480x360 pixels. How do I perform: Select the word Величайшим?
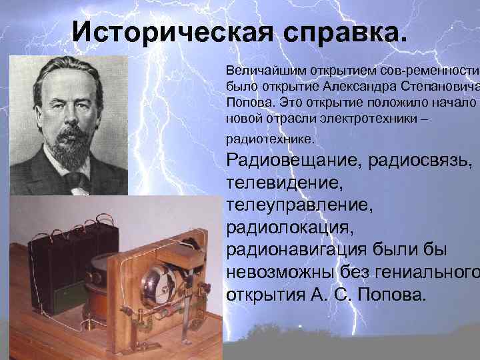point(259,70)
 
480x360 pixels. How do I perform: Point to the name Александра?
point(352,85)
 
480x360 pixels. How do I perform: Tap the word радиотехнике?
point(268,140)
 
